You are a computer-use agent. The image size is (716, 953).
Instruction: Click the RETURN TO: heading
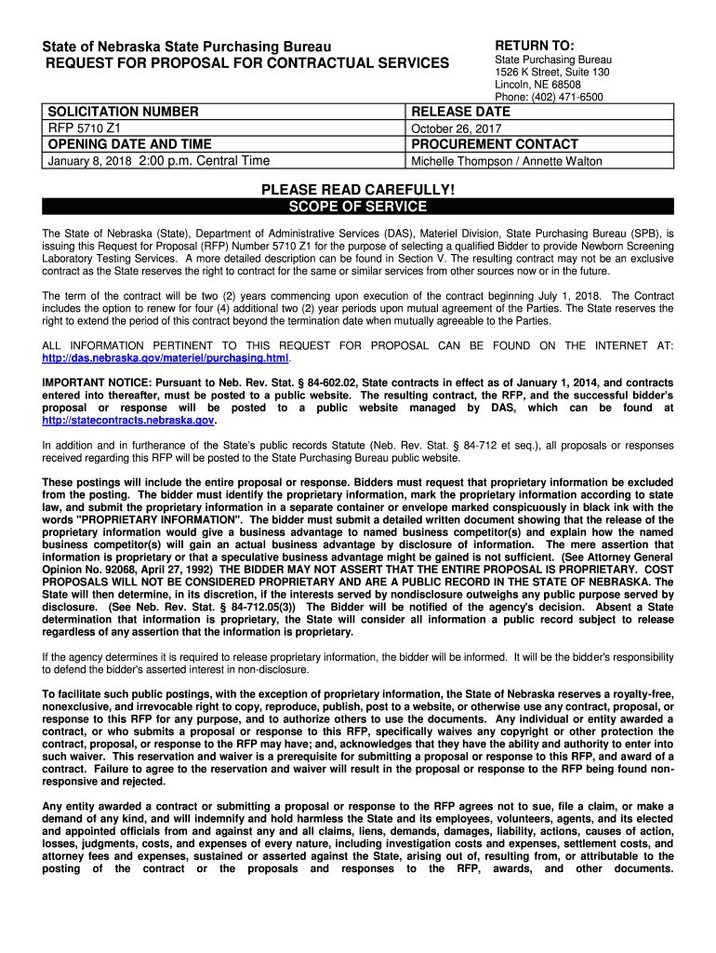click(x=535, y=46)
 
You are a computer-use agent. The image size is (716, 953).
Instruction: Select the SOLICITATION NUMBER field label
click(x=123, y=112)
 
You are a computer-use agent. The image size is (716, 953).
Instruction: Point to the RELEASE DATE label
click(x=461, y=112)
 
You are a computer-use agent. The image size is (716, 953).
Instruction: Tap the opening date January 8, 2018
click(x=89, y=161)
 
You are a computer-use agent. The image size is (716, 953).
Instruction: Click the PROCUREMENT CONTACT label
click(x=495, y=144)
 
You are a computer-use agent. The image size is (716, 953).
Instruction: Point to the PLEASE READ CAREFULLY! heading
click(x=358, y=190)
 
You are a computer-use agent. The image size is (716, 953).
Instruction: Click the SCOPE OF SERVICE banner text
click(x=358, y=207)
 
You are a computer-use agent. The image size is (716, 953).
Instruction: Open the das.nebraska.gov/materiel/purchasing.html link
click(x=166, y=358)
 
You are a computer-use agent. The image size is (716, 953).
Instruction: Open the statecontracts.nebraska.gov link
click(x=128, y=420)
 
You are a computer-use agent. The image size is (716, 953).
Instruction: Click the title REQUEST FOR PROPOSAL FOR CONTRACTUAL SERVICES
click(x=242, y=63)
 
